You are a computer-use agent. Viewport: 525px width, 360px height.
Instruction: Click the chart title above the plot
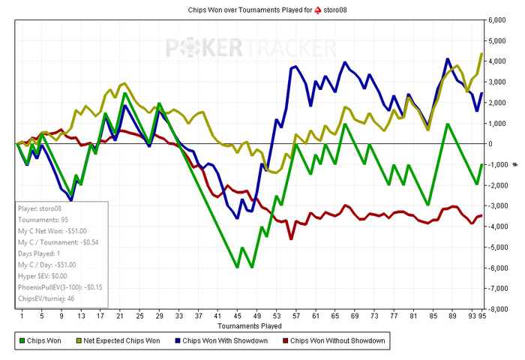[x=262, y=9]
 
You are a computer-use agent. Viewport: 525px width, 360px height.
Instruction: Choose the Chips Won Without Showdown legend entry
[x=337, y=342]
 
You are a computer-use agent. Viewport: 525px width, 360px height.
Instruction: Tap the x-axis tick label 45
[x=237, y=316]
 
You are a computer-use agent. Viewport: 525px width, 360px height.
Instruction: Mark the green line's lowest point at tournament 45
[x=237, y=267]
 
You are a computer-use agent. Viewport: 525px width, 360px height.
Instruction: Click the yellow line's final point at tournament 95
[x=481, y=54]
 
